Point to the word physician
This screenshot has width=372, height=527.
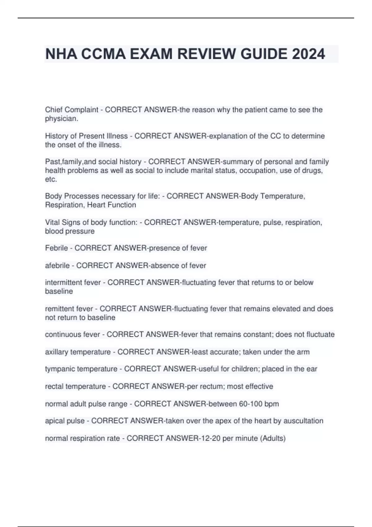coord(61,119)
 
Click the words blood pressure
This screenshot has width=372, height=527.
coord(70,231)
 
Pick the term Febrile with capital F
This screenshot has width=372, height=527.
coord(56,248)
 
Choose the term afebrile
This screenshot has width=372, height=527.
coord(57,266)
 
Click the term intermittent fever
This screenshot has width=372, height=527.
coord(73,282)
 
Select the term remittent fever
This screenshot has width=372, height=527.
coord(69,309)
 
